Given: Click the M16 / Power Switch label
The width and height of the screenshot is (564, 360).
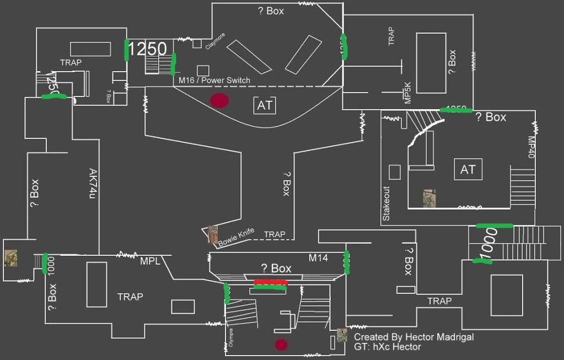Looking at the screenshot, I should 214,80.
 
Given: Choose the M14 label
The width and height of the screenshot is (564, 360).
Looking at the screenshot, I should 318,257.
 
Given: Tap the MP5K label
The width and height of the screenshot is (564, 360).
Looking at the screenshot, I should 408,92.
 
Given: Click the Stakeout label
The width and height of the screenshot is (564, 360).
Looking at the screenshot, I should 386,203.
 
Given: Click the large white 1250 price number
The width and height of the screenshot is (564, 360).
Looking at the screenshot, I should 147,50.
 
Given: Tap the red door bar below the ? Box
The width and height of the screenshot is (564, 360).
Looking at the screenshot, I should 270,282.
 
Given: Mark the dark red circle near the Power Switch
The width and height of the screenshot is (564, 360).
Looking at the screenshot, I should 219,100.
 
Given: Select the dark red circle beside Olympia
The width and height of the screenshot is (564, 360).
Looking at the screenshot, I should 282,345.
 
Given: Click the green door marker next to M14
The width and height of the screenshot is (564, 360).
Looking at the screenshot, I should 347,262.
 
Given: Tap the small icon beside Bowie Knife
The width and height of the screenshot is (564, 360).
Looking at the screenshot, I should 212,234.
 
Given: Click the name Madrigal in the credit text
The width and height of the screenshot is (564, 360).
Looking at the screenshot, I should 453,337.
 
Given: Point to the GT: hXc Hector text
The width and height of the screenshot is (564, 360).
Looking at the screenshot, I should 387,347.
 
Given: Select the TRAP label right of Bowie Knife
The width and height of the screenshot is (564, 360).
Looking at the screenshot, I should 275,234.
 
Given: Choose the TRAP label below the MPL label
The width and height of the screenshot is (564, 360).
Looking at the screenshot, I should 130,297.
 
